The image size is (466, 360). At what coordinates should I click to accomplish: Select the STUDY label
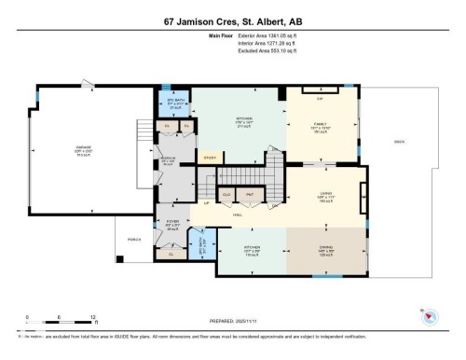coord(209,158)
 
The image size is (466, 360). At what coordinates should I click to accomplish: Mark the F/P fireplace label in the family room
coord(319,97)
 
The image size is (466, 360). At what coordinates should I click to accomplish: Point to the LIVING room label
coord(326,194)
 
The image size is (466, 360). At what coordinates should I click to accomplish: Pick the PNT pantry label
coord(249,195)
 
